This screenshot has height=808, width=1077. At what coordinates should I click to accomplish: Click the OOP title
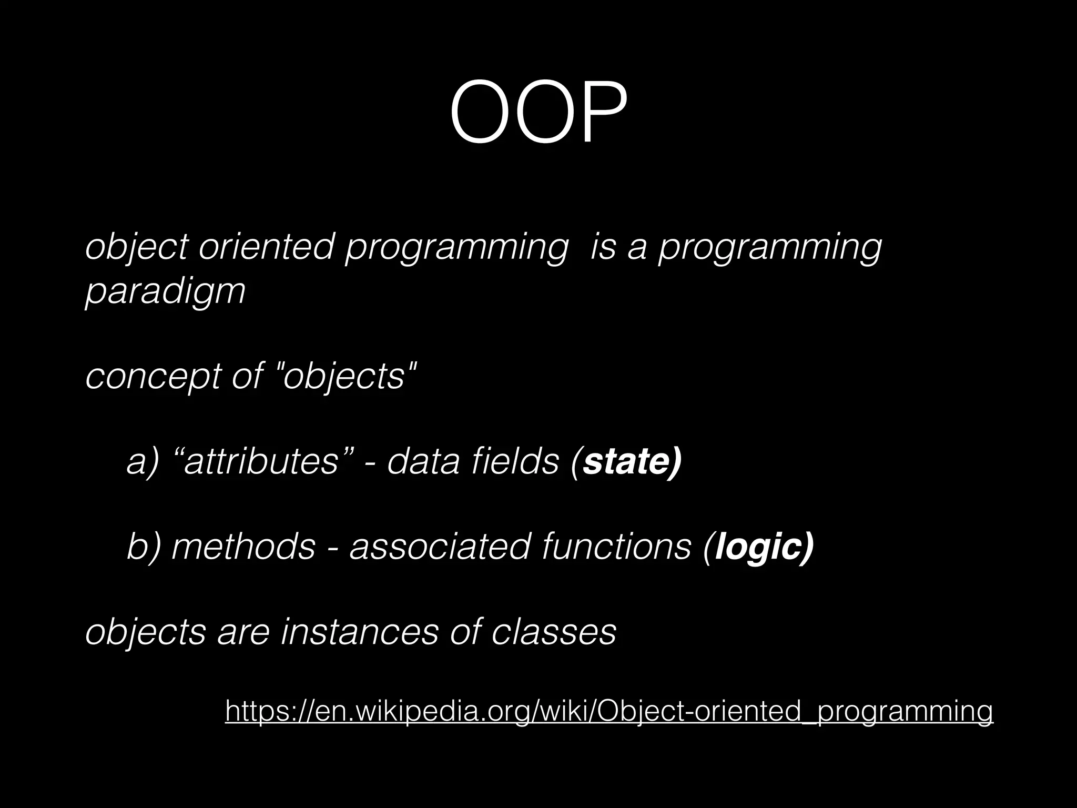pyautogui.click(x=538, y=112)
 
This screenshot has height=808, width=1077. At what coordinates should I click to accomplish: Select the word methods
pyautogui.click(x=243, y=546)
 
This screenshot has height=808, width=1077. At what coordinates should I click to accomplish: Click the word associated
pyautogui.click(x=440, y=546)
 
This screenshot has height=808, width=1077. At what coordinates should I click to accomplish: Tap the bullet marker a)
pyautogui.click(x=143, y=461)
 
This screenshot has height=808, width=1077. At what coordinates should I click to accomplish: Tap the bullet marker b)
pyautogui.click(x=143, y=546)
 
